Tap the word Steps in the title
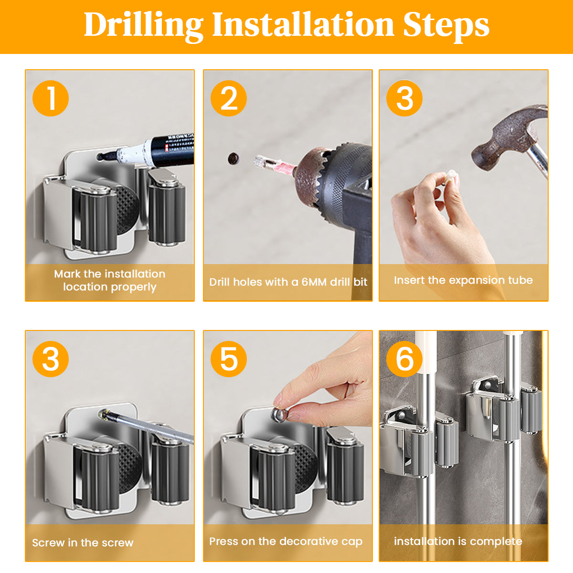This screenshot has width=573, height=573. [446, 26]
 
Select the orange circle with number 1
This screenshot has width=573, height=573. [51, 98]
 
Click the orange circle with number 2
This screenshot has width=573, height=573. [229, 98]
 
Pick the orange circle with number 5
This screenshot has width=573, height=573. [229, 359]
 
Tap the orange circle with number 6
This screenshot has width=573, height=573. [404, 359]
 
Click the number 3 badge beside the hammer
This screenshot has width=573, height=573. [404, 98]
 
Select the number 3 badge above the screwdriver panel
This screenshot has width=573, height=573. [51, 359]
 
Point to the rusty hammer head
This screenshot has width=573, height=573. [506, 137]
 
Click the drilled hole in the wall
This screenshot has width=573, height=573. [233, 159]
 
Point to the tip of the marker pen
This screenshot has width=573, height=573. [99, 157]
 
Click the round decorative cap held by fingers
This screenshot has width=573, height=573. [279, 415]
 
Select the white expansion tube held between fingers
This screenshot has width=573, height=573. [450, 178]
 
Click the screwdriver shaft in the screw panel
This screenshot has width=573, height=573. [149, 427]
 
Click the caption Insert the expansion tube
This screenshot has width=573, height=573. [463, 280]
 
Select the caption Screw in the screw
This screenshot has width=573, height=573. [83, 542]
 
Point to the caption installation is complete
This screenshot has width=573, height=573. [458, 541]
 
